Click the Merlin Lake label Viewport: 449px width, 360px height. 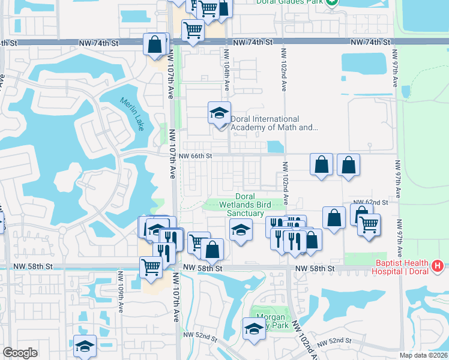[x=132, y=114]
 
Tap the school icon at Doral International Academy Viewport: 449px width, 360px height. [x=220, y=113]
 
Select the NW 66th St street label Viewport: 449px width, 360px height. [x=196, y=156]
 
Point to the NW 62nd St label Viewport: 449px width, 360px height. [x=370, y=202]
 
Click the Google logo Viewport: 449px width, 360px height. [x=20, y=352]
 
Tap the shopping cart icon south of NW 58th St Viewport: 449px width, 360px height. [x=151, y=267]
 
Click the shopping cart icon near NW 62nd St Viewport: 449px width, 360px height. [x=369, y=225]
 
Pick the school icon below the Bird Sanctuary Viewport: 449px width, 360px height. [x=241, y=230]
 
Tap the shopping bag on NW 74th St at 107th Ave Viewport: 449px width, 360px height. [x=155, y=44]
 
